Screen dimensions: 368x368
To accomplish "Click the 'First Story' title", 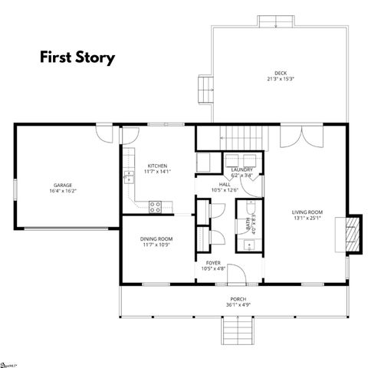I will click(x=77, y=58).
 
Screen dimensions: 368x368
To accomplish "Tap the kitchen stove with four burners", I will click(x=156, y=205).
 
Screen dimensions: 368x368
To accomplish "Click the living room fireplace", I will click(x=353, y=232).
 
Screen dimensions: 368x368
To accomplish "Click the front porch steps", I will click(x=238, y=332).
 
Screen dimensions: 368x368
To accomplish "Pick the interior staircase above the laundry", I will click(x=244, y=138).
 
